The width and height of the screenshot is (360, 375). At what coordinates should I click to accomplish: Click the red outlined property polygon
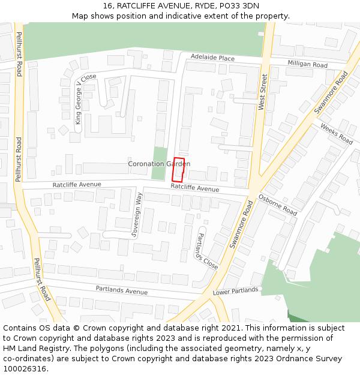coord(178,169)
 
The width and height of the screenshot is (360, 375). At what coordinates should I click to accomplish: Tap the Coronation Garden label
coord(159,164)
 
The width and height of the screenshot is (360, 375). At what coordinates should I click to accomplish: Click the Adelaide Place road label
coord(212,58)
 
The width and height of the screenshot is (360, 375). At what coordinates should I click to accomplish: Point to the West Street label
coord(262,92)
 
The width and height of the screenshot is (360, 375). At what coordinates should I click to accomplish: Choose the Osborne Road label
coord(278,205)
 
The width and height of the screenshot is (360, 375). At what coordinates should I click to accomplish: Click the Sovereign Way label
coord(137,215)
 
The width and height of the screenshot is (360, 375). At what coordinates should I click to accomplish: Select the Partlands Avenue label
coord(121,290)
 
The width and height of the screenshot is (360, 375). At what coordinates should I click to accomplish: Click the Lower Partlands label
coord(235,292)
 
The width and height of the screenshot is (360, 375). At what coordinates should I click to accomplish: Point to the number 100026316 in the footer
coord(25,368)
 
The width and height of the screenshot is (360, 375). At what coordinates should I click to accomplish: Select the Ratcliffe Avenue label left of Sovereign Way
coord(77,185)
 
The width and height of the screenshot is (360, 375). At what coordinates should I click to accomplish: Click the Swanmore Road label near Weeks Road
coord(331,92)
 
